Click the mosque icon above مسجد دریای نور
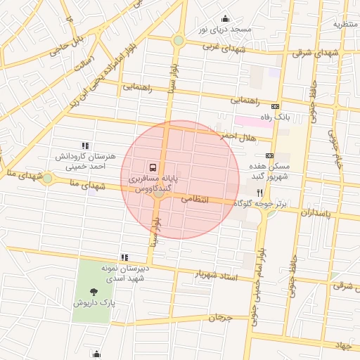(x=225, y=19)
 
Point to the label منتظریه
(x=345, y=24)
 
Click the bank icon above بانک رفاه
(x=275, y=105)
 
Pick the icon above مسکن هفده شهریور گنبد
(x=269, y=155)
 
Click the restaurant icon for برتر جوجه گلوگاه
(x=259, y=192)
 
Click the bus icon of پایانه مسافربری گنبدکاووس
(x=153, y=167)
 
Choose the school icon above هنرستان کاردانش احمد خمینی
(x=85, y=146)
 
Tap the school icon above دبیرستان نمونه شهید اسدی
(x=124, y=258)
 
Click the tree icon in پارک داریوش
(x=94, y=292)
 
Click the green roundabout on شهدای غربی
(x=179, y=40)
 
